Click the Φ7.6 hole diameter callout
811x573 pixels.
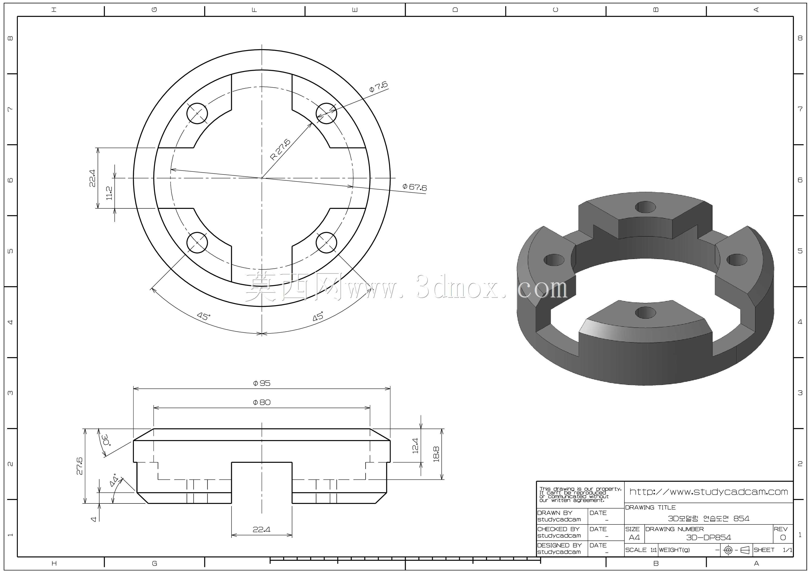pos(378,86)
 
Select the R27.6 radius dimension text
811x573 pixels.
pos(280,149)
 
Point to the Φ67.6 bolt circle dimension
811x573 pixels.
pos(415,187)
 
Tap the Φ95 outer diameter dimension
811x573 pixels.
pos(262,383)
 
